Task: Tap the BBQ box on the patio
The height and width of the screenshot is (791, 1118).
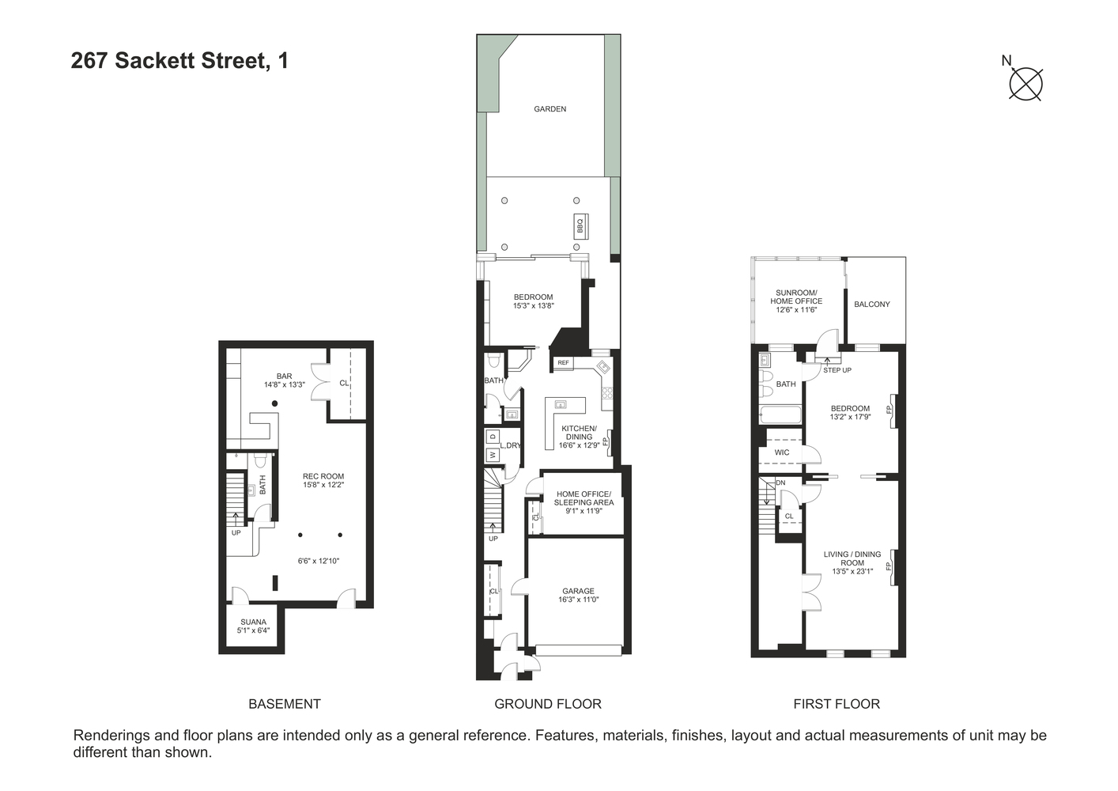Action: [x=580, y=227]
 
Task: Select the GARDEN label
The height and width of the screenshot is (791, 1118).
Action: [x=550, y=109]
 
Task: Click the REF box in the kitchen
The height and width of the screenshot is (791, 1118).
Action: [x=563, y=363]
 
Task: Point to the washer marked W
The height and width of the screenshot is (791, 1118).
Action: [x=493, y=455]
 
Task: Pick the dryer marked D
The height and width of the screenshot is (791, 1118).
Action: [x=493, y=436]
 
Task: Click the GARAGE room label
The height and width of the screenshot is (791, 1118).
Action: [x=578, y=591]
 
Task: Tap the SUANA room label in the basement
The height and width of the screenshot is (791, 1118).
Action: [x=253, y=622]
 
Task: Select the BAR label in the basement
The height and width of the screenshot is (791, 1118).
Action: [x=284, y=377]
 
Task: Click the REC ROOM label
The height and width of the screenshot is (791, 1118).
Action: [x=323, y=477]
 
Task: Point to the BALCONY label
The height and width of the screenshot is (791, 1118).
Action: [x=872, y=305]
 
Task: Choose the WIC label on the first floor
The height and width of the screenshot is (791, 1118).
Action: [x=782, y=452]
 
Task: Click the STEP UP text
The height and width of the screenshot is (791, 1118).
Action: [x=837, y=370]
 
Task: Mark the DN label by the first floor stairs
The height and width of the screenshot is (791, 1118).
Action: [x=780, y=483]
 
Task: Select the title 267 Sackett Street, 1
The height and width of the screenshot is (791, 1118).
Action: [x=179, y=61]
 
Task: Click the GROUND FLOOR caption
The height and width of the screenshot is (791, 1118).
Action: [x=547, y=704]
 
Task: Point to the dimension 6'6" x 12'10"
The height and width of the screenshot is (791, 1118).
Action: [x=319, y=561]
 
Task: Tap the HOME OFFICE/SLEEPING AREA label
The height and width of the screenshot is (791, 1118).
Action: [x=584, y=498]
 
